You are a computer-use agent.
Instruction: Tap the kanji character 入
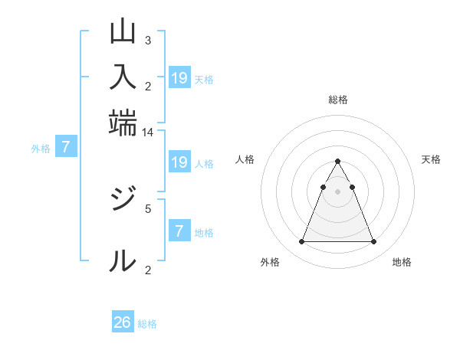point(123,77)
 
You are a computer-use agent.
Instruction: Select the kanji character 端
point(123,123)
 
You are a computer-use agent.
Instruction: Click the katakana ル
point(123,260)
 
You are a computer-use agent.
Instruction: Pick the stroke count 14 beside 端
point(148,132)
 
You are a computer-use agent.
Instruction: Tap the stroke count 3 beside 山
point(148,40)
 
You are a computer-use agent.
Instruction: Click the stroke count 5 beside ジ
point(148,207)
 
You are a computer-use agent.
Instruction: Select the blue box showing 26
point(123,322)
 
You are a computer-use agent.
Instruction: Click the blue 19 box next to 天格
point(179,77)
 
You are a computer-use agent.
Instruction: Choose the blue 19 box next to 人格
point(179,162)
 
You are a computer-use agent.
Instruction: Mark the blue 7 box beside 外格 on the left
point(66,146)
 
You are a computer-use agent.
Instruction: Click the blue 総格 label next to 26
point(147,324)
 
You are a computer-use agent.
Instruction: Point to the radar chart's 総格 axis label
point(338,100)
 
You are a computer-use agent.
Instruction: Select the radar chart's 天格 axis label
point(431,159)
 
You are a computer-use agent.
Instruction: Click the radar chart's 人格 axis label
point(245,159)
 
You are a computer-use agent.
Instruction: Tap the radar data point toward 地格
point(373,242)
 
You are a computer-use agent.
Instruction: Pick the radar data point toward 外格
point(301,242)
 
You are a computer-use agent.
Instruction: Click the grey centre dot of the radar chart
point(337,191)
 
